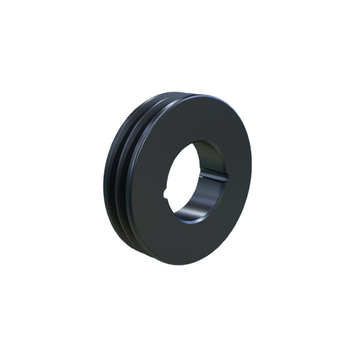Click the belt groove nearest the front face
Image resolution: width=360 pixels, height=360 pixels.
tap(132, 180)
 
